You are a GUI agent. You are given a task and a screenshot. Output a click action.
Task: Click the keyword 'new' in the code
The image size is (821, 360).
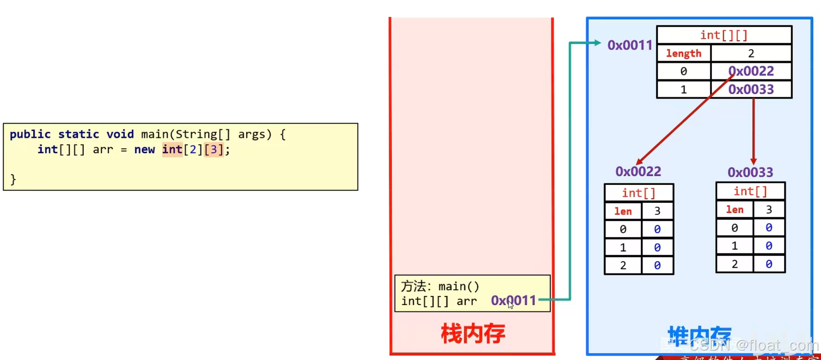144,150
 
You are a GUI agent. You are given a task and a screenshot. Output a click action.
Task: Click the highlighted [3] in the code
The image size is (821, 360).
214,150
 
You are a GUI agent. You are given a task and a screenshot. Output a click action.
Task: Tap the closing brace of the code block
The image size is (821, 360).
13,179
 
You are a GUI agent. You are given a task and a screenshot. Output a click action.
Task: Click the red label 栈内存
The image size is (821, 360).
473,334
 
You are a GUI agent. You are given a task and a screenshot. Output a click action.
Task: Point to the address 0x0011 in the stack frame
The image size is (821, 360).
513,300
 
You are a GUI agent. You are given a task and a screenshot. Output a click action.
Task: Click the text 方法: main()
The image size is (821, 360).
440,286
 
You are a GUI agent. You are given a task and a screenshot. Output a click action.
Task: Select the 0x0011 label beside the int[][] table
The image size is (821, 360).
630,45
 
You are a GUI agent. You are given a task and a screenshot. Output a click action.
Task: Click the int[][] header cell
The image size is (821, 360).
724,35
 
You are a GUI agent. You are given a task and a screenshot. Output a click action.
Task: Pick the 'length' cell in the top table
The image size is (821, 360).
684,54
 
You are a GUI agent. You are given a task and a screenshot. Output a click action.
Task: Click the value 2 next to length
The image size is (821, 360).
751,54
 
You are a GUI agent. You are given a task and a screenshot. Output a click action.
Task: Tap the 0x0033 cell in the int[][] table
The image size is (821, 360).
751,90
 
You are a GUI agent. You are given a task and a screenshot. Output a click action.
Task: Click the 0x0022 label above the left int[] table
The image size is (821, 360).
638,172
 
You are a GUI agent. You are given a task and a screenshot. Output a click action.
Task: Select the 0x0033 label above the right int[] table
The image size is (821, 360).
750,173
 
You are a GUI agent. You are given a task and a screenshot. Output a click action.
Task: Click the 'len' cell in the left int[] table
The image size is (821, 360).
623,211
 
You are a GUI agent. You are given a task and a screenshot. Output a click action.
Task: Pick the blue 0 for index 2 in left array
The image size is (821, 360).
657,266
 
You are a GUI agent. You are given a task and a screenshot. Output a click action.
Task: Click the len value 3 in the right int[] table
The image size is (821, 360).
769,210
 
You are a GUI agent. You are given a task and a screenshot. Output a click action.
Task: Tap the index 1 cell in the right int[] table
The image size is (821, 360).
735,246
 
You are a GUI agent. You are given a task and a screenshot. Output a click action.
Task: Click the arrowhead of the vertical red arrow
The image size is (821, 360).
754,162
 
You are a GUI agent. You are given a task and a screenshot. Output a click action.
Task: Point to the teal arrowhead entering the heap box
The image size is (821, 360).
597,43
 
